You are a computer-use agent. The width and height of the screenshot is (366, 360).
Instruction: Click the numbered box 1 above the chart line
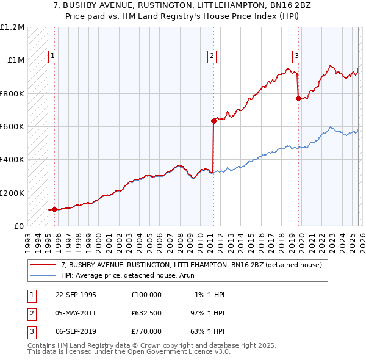(x=53, y=56)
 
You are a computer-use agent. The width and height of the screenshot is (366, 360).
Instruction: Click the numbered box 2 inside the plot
(x=212, y=56)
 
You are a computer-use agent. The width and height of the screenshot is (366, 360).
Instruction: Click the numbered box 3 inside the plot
(x=296, y=56)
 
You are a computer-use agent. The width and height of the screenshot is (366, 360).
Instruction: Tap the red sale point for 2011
(x=213, y=121)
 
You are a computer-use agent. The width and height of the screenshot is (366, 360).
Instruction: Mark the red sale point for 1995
(x=55, y=209)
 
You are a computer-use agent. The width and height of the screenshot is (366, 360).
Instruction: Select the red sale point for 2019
(x=298, y=98)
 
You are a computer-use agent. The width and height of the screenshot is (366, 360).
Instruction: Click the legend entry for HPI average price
(x=119, y=275)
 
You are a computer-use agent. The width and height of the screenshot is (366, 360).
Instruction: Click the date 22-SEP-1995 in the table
(x=76, y=295)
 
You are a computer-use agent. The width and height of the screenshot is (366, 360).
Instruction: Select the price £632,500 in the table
(x=146, y=312)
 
